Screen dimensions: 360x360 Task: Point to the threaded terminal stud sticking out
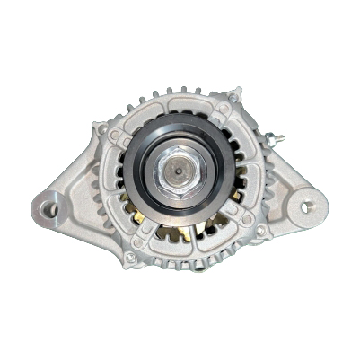(274, 138)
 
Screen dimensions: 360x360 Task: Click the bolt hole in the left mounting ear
(51, 210)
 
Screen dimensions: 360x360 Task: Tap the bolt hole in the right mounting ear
(307, 206)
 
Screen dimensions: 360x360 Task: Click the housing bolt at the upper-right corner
(234, 98)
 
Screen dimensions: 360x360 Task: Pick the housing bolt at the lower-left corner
(131, 257)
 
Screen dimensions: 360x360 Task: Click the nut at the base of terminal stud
(264, 140)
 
